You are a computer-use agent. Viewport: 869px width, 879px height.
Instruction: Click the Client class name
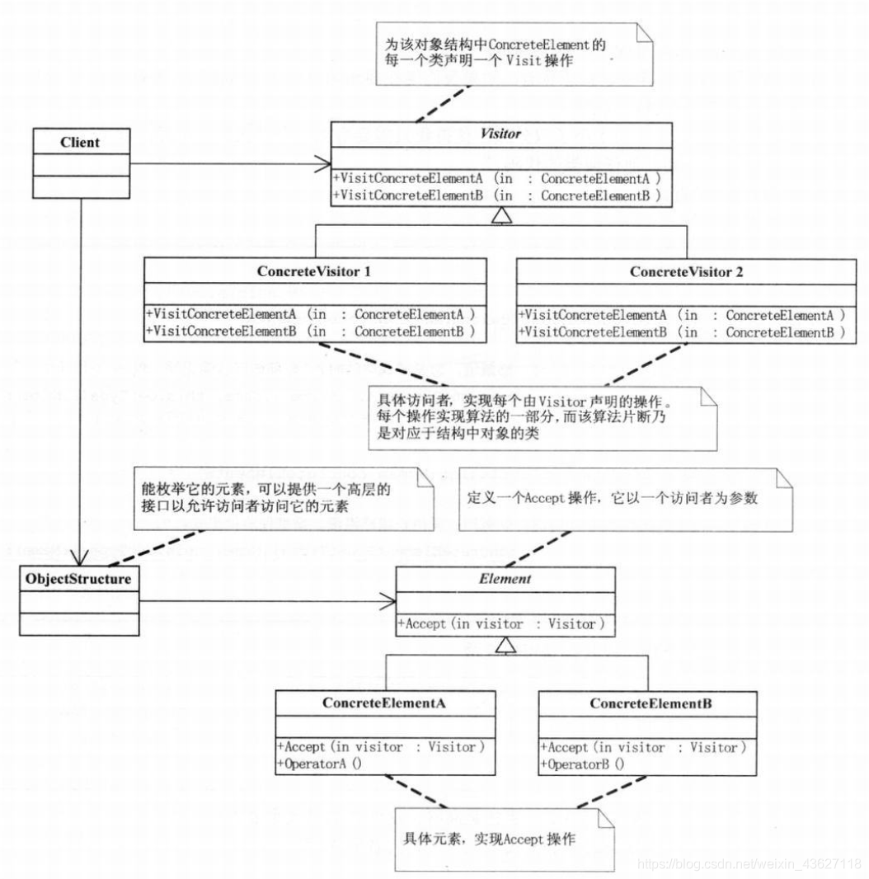[80, 142]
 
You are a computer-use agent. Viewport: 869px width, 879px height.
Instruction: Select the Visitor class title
[500, 133]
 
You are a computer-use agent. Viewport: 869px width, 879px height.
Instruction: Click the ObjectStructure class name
[78, 579]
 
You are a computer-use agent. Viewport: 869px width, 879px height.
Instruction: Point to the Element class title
[505, 579]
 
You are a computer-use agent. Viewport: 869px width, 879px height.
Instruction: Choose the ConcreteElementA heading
[384, 705]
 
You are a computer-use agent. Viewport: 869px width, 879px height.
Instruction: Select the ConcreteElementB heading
[651, 705]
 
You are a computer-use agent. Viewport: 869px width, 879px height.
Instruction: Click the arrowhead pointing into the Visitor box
[324, 164]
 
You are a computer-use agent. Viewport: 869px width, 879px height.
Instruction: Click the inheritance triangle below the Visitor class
[500, 217]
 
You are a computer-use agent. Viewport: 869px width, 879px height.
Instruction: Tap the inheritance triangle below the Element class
[505, 646]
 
